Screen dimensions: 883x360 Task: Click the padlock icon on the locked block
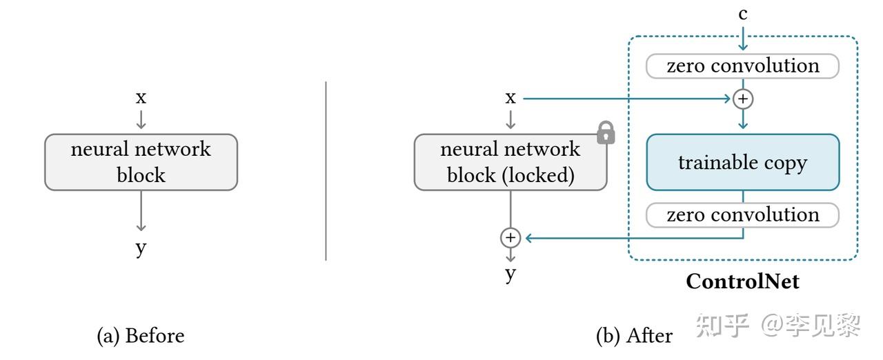pyautogui.click(x=606, y=132)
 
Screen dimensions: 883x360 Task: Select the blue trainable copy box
pyautogui.click(x=743, y=162)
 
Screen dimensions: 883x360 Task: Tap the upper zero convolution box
pyautogui.click(x=743, y=66)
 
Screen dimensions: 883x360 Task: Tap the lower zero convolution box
pyautogui.click(x=743, y=215)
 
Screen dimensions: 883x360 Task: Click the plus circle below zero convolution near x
pyautogui.click(x=743, y=99)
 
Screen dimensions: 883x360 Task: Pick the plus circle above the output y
pyautogui.click(x=510, y=237)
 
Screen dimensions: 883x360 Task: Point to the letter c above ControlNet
pyautogui.click(x=743, y=14)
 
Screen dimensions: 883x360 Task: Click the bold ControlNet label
pyautogui.click(x=743, y=281)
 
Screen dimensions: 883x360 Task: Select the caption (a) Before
pyautogui.click(x=141, y=336)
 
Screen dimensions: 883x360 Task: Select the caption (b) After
pyautogui.click(x=634, y=336)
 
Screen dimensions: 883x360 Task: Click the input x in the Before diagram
pyautogui.click(x=141, y=97)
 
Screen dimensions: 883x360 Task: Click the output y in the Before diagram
pyautogui.click(x=141, y=248)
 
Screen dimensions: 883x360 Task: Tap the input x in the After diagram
pyautogui.click(x=510, y=97)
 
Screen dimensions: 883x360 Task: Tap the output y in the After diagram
pyautogui.click(x=510, y=274)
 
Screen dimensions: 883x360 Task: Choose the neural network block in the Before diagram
pyautogui.click(x=141, y=162)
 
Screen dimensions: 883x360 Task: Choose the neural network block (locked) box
pyautogui.click(x=510, y=162)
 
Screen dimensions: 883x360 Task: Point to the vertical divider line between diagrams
pyautogui.click(x=326, y=171)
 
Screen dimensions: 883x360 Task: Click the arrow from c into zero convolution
pyautogui.click(x=743, y=38)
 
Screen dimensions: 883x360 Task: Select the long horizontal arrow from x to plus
pyautogui.click(x=627, y=99)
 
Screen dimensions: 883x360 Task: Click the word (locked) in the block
pyautogui.click(x=539, y=175)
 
